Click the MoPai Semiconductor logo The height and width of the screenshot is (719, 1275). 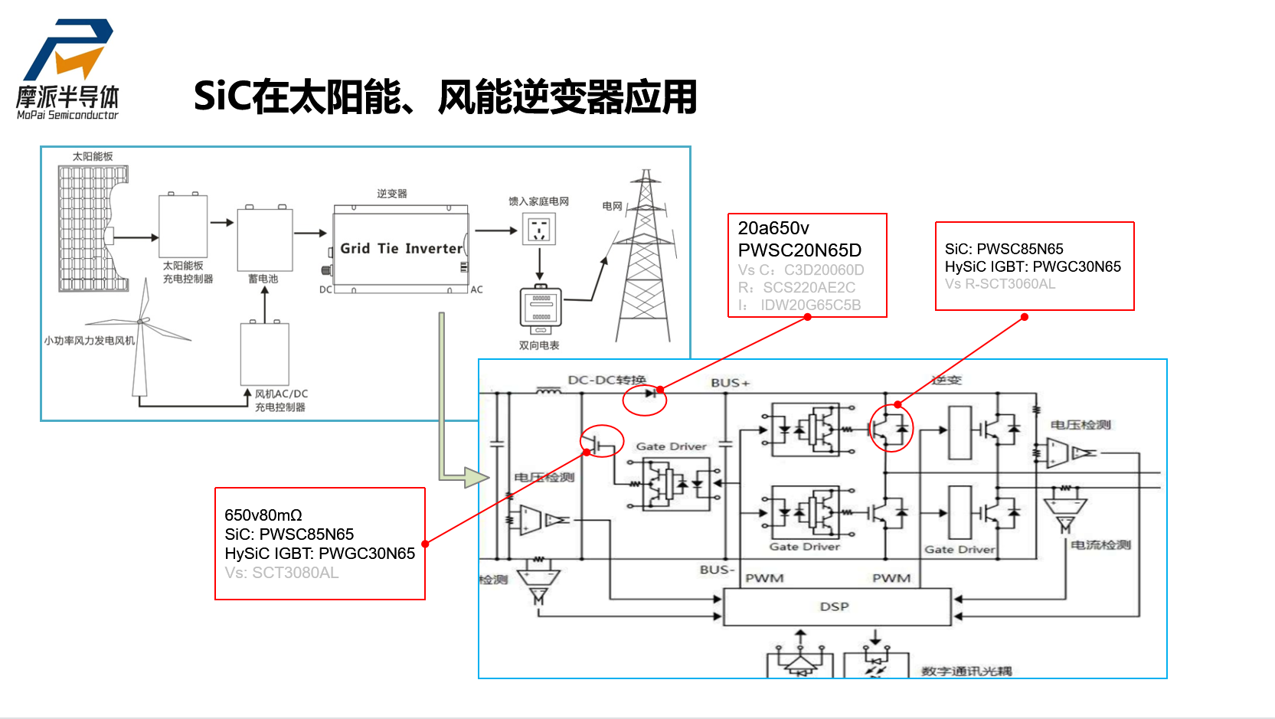(x=68, y=70)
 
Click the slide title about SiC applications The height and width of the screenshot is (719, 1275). (x=445, y=97)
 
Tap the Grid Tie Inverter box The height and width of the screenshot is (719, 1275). (x=400, y=248)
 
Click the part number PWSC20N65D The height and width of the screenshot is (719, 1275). (x=799, y=250)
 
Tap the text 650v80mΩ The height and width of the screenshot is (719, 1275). (x=263, y=515)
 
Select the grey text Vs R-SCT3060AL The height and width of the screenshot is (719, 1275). (x=999, y=284)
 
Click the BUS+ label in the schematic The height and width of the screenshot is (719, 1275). (x=730, y=383)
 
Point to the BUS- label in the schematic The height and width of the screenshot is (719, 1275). (x=717, y=570)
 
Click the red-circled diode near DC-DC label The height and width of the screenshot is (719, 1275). (x=649, y=394)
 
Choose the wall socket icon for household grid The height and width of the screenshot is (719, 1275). (x=539, y=229)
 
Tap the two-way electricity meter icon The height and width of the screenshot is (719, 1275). (x=541, y=309)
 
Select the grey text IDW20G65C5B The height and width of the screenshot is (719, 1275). (x=810, y=306)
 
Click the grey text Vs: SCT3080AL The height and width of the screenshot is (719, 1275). (x=281, y=573)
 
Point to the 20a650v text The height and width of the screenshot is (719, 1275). (x=773, y=228)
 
